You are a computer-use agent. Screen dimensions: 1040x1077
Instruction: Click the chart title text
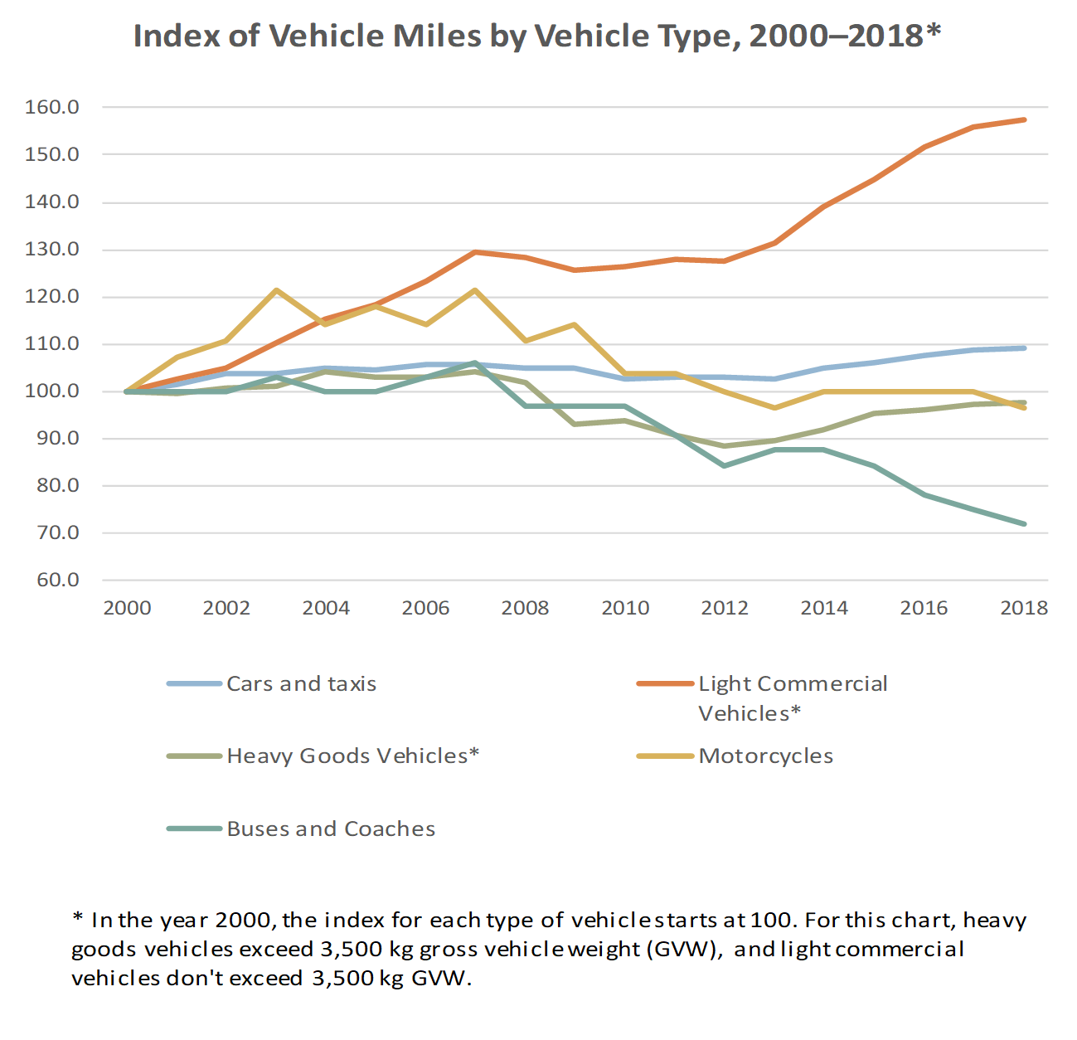(x=537, y=36)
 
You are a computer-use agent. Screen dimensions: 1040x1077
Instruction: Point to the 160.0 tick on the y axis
(x=52, y=107)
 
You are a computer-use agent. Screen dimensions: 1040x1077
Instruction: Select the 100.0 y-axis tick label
(x=52, y=391)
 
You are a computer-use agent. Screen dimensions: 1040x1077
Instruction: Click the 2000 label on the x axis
(x=127, y=608)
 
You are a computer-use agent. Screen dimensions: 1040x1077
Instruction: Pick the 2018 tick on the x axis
(x=1024, y=608)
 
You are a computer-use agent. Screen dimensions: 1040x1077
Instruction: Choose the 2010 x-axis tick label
(x=625, y=608)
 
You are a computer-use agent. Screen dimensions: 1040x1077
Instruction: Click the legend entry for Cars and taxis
(x=301, y=683)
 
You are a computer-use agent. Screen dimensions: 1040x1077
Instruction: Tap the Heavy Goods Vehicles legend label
(x=352, y=756)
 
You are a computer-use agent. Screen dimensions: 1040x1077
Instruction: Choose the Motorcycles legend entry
(x=765, y=756)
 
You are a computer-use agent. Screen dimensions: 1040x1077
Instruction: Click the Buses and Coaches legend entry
(x=331, y=829)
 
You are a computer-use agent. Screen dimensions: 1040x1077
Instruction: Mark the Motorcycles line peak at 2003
(x=276, y=290)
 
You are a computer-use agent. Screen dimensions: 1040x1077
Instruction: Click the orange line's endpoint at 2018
(x=1024, y=120)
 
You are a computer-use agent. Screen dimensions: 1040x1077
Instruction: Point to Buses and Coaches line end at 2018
(x=1024, y=523)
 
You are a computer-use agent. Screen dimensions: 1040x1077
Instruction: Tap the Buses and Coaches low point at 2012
(x=725, y=465)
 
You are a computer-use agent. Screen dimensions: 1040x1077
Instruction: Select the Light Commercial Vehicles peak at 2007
(x=475, y=252)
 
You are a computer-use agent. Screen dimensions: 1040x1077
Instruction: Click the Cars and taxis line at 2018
(x=1024, y=348)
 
